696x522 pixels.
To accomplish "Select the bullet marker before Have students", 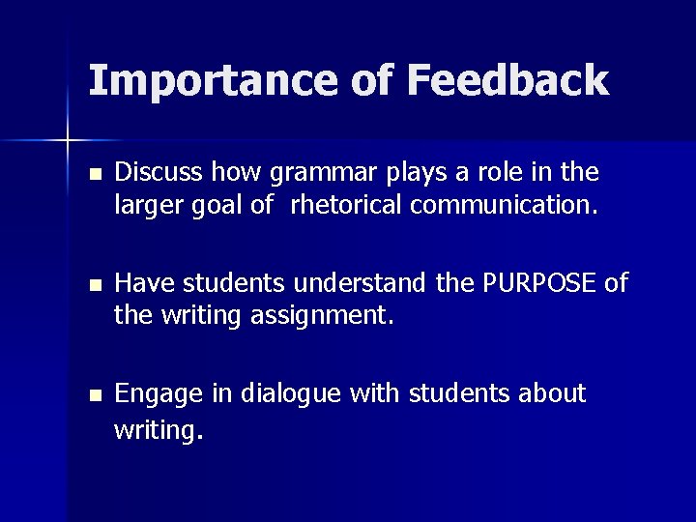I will click(93, 286).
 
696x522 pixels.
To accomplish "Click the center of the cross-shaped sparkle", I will click(68, 141).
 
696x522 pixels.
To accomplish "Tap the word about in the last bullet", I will click(552, 394).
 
